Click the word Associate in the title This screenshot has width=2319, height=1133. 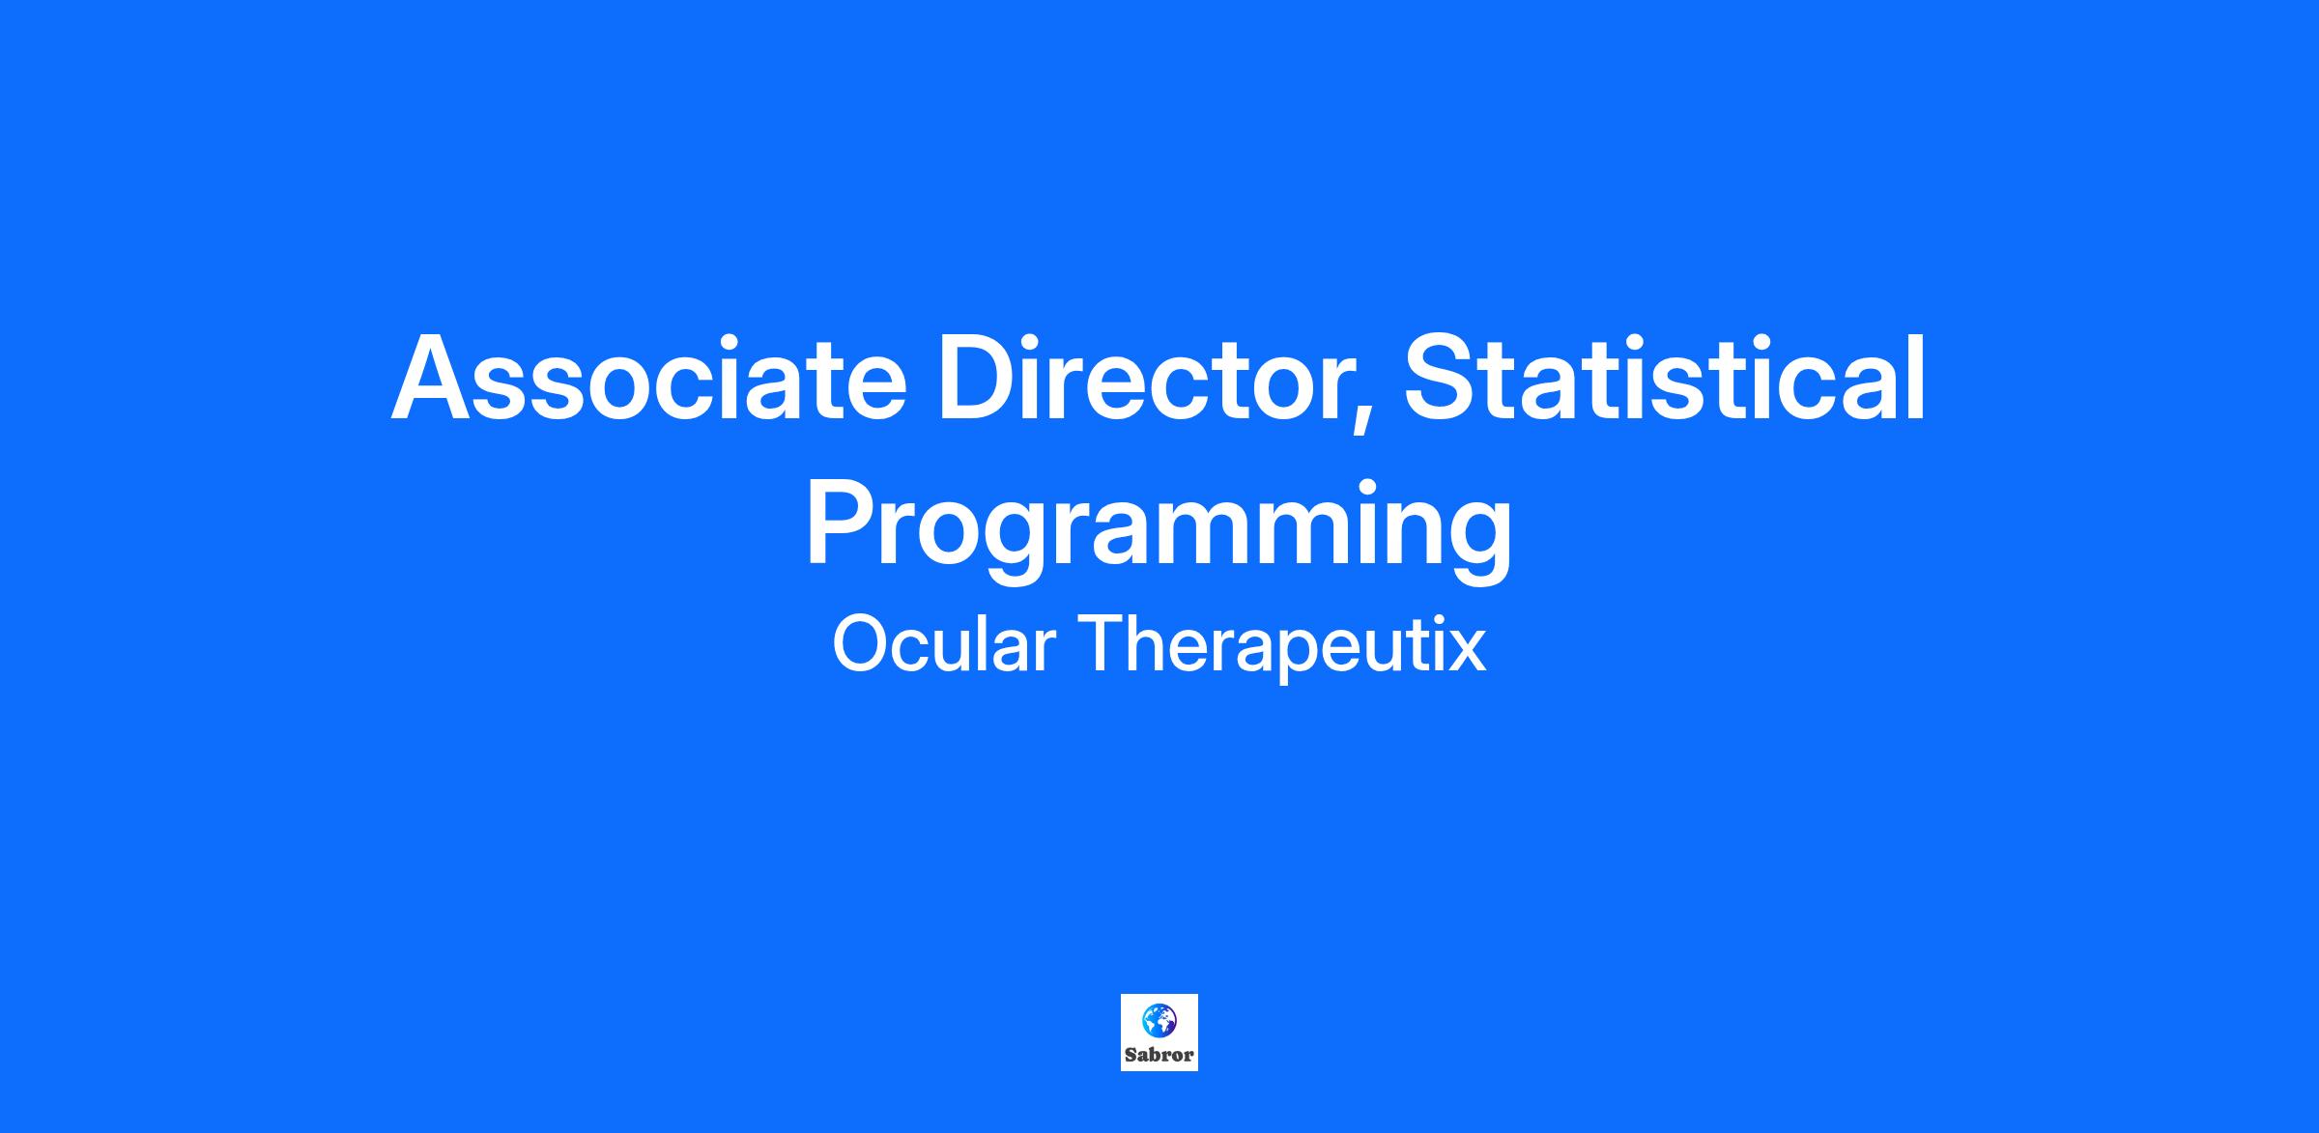(648, 378)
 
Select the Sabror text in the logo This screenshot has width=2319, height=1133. (1159, 1055)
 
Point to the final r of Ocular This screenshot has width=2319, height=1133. (1044, 652)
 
